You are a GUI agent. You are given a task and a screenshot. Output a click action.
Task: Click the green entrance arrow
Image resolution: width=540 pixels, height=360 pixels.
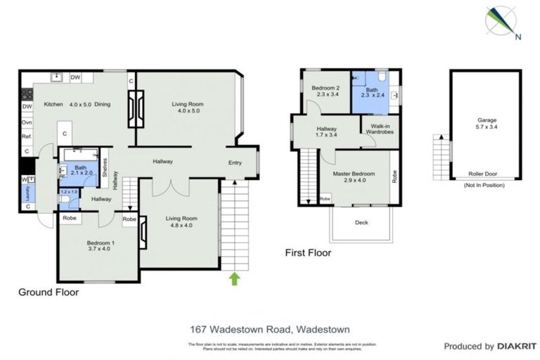pos(235,280)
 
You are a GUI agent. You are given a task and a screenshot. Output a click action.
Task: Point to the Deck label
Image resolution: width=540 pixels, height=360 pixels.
pos(361,224)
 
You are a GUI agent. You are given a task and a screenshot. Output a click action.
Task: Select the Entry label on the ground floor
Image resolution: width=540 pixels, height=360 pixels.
pos(235,163)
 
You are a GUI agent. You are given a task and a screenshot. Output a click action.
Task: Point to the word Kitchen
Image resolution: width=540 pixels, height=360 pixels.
pos(54,105)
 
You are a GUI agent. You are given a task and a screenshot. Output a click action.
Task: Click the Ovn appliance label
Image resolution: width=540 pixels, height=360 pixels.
pos(27,122)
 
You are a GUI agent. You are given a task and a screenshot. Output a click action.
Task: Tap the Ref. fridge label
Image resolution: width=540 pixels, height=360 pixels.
pos(27,136)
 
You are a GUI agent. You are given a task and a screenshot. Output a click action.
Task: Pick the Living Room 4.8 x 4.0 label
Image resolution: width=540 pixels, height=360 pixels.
pos(179,222)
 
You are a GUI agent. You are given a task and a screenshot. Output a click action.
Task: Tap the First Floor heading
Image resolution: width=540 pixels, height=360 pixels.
pos(308,252)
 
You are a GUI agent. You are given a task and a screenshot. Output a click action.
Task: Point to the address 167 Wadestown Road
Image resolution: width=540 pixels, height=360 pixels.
pos(270,328)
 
